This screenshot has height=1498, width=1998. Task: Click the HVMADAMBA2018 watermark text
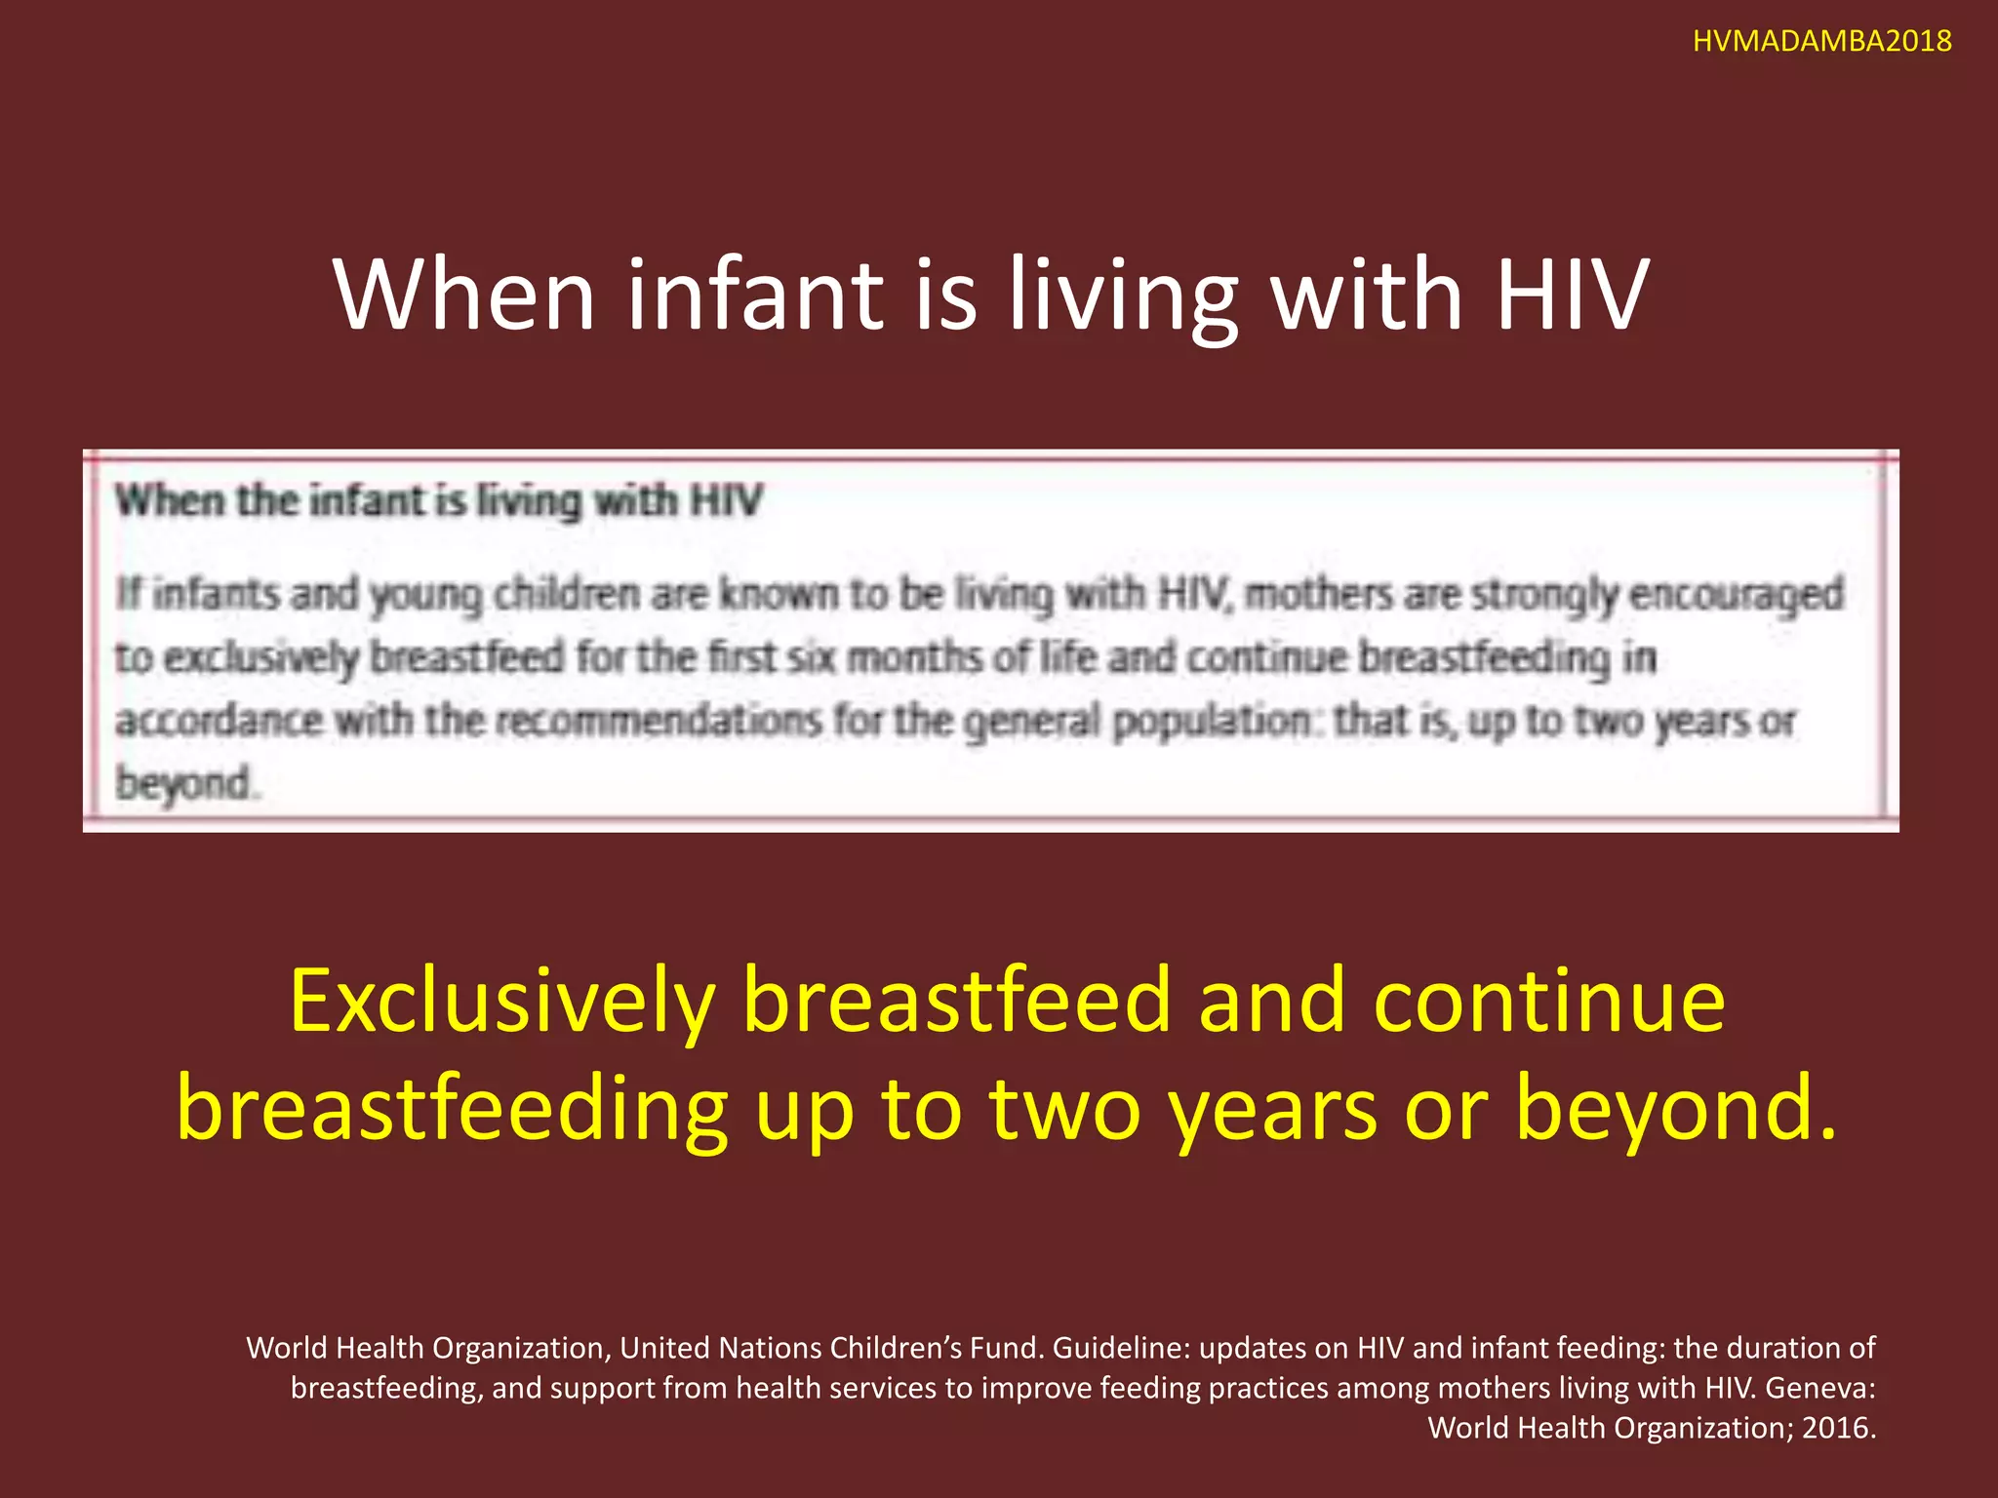[1821, 41]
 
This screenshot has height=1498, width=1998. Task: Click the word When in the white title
[463, 294]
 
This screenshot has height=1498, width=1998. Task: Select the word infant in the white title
[753, 294]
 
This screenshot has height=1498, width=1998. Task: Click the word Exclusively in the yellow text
[502, 1002]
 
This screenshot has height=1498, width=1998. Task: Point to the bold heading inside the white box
[438, 501]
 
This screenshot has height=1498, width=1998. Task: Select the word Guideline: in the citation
[1121, 1348]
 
